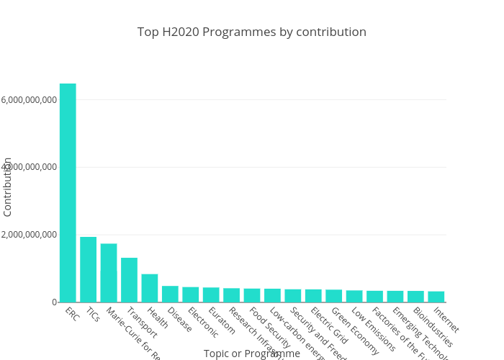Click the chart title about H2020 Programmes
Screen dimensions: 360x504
[x=252, y=32]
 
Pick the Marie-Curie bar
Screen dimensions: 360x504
[x=109, y=273]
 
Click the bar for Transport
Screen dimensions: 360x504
[x=129, y=280]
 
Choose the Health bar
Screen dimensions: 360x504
[x=150, y=288]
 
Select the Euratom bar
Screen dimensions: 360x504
[x=211, y=294]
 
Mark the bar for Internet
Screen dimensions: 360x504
[x=436, y=297]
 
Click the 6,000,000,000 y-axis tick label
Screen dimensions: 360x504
[x=30, y=99]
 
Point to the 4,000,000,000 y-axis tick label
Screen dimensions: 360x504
[x=30, y=167]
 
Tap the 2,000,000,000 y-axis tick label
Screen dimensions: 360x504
[x=30, y=235]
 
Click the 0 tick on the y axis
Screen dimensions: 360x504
[x=53, y=302]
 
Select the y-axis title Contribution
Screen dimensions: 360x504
[x=8, y=186]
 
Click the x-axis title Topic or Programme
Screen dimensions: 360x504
[x=252, y=354]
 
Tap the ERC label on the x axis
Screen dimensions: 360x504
[x=72, y=315]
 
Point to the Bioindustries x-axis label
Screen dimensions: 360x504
[x=433, y=328]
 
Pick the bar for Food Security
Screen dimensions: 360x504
[x=252, y=295]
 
